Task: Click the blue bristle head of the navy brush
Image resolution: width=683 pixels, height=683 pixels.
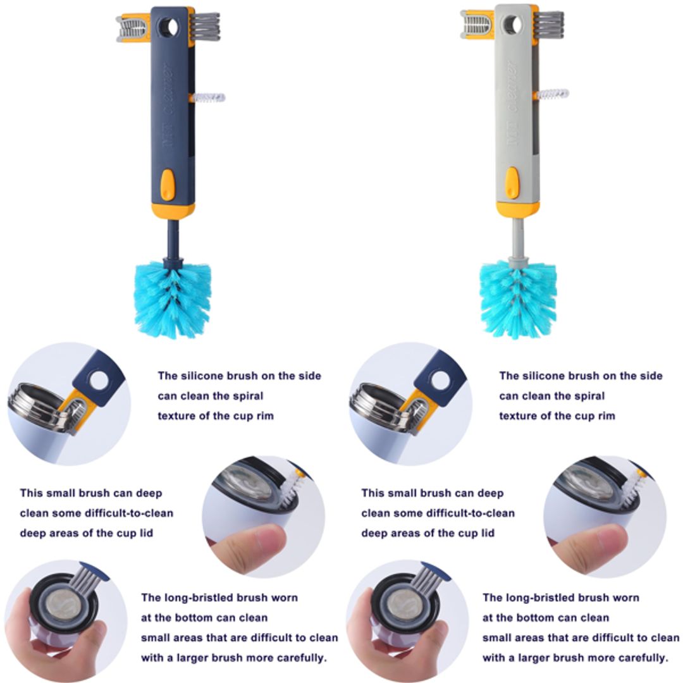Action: tap(172, 297)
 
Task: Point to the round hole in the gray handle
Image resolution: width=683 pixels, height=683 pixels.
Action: tap(513, 25)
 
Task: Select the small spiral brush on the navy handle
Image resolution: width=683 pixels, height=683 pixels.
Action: tap(208, 98)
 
